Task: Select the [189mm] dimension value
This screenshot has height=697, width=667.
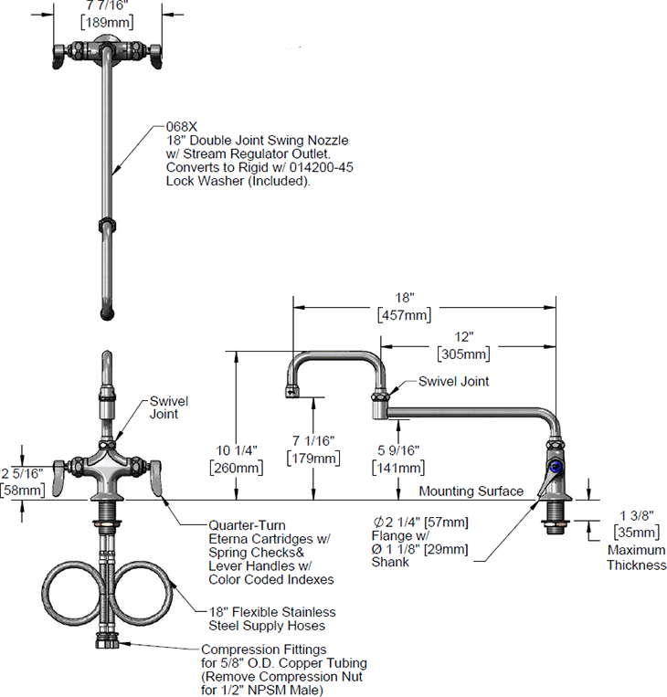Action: click(108, 23)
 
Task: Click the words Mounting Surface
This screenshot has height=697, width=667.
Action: click(471, 491)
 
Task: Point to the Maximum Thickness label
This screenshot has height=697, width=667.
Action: click(636, 558)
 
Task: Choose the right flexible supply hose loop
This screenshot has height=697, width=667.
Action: click(144, 594)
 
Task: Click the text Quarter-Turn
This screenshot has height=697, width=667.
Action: click(247, 526)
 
